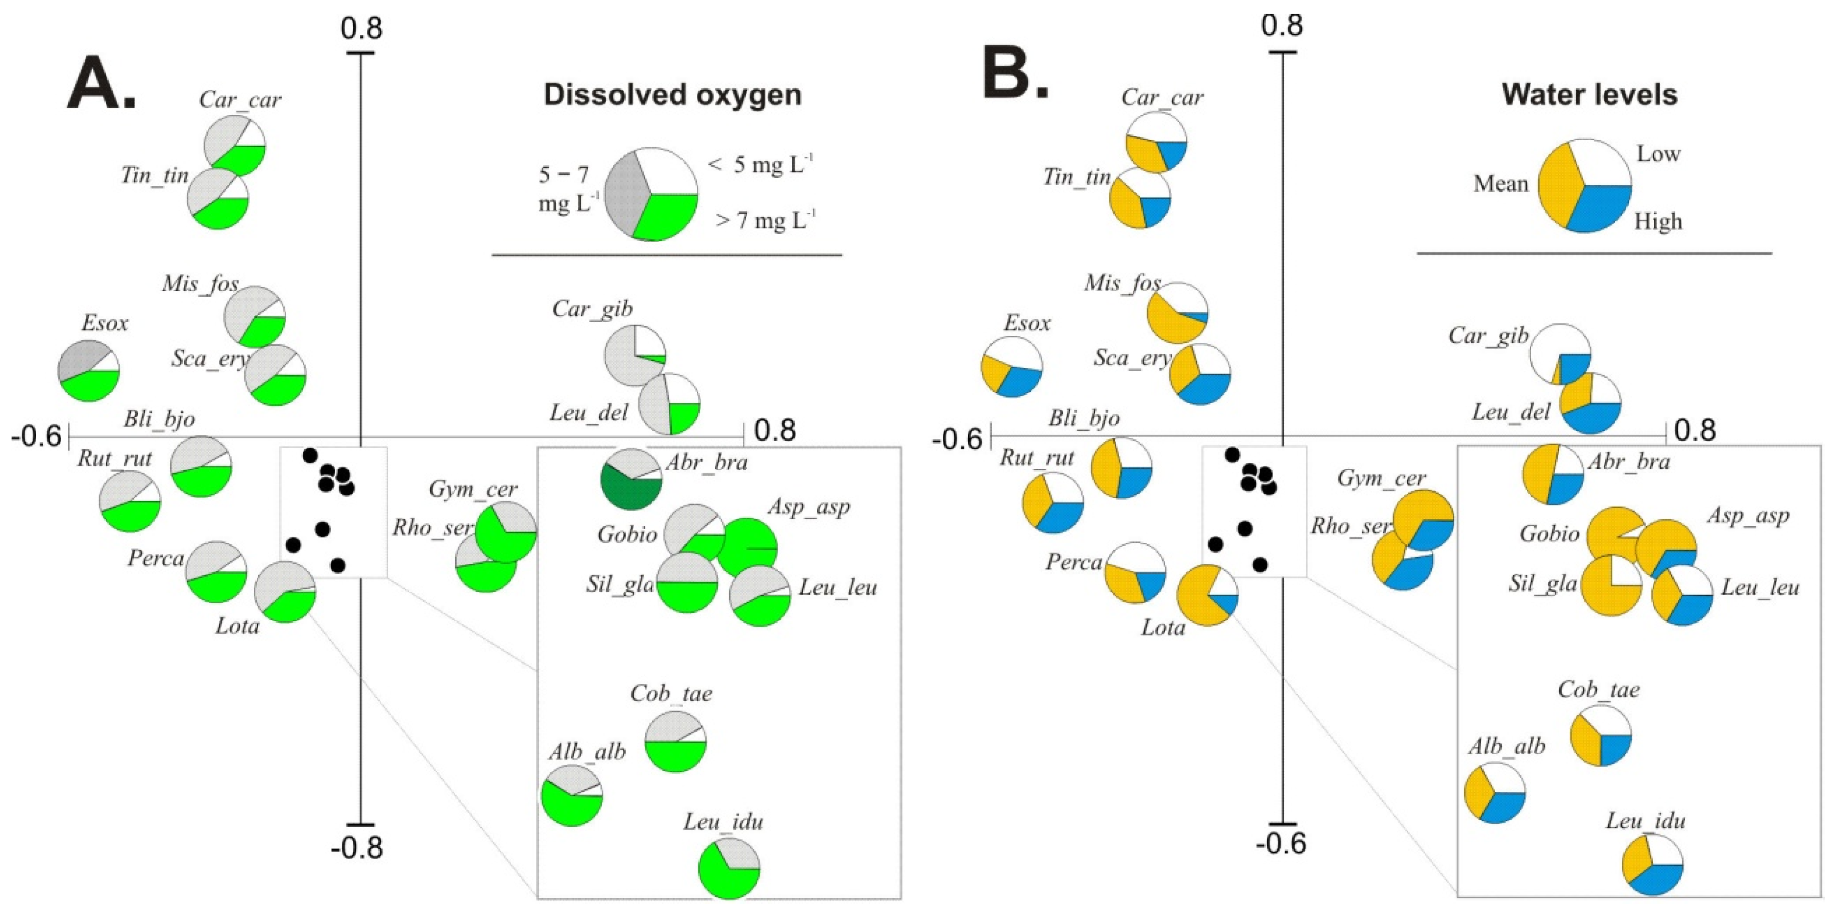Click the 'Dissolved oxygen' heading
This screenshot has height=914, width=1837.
pyautogui.click(x=672, y=95)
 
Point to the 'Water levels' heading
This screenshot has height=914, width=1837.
pyautogui.click(x=1590, y=95)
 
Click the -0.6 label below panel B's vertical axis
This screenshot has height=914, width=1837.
pyautogui.click(x=1281, y=843)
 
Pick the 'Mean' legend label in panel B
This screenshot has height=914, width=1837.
pyautogui.click(x=1501, y=184)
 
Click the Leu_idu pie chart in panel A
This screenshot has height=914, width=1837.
pyautogui.click(x=729, y=868)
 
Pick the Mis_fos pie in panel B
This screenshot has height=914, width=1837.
pyautogui.click(x=1177, y=312)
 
